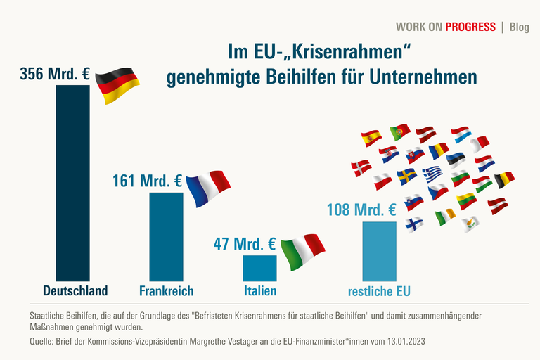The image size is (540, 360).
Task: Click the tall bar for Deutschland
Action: [x=72, y=183]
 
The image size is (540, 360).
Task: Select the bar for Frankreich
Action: [x=166, y=236]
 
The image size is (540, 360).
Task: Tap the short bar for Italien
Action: [x=259, y=268]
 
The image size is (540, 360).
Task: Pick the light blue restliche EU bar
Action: [x=379, y=251]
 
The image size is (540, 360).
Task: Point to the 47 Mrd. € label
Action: [x=244, y=244]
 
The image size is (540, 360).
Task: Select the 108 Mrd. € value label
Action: [x=361, y=210]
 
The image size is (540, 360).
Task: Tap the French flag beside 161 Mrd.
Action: [x=208, y=188]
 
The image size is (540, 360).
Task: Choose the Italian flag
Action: [x=302, y=248]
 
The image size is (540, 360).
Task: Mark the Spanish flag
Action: [x=371, y=138]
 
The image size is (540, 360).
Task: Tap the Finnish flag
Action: [x=415, y=224]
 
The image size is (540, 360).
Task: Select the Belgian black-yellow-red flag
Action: [x=504, y=180]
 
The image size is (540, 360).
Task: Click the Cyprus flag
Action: [x=472, y=224]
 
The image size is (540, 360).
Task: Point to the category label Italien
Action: [x=259, y=290]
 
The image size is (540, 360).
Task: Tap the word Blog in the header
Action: [x=520, y=27]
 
